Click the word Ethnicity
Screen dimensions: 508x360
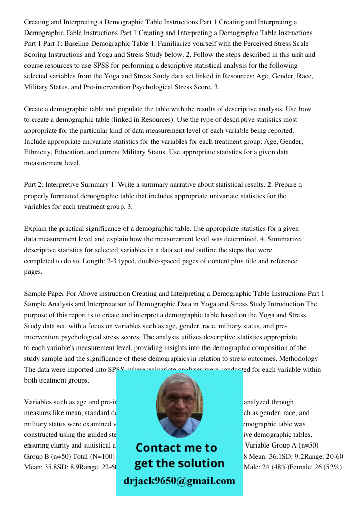pyautogui.click(x=40, y=152)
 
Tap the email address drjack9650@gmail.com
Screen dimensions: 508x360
pyautogui.click(x=179, y=481)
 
